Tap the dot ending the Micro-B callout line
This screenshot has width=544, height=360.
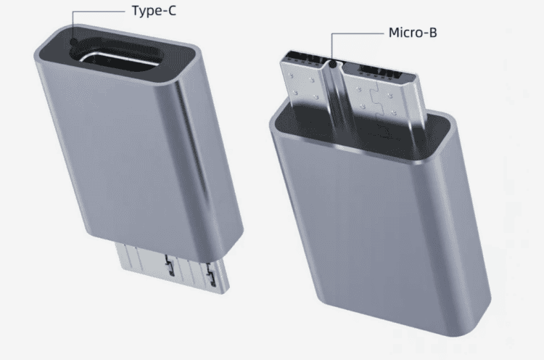[x=332, y=66]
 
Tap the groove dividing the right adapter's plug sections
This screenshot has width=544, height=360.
[x=335, y=87]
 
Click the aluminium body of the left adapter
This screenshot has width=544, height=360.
[x=138, y=160]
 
